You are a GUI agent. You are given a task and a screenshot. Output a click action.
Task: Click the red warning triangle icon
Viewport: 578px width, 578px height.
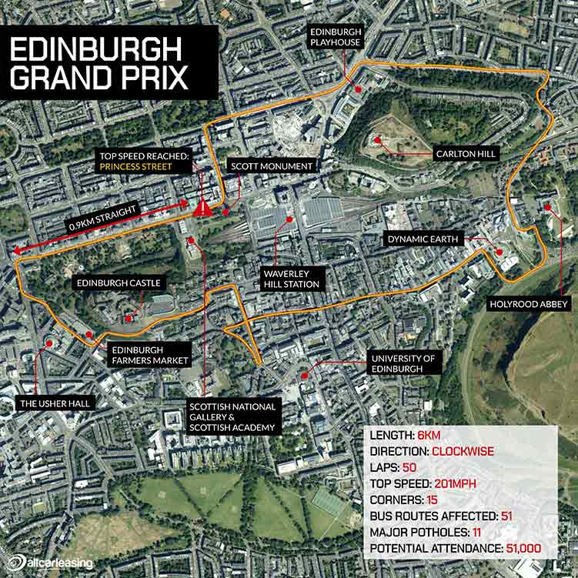[x=203, y=206]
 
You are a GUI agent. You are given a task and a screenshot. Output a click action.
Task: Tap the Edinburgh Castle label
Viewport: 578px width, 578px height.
[x=118, y=283]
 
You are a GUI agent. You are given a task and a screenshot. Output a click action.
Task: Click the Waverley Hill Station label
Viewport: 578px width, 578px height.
[x=290, y=279]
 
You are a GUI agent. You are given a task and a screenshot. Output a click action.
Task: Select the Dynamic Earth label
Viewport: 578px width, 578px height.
[x=423, y=239]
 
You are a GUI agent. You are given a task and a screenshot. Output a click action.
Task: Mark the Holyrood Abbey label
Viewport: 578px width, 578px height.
[x=529, y=304]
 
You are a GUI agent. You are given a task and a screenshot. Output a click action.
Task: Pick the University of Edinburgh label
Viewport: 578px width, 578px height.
[x=403, y=363]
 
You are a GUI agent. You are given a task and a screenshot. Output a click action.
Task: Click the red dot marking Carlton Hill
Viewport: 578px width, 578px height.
[x=379, y=140]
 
